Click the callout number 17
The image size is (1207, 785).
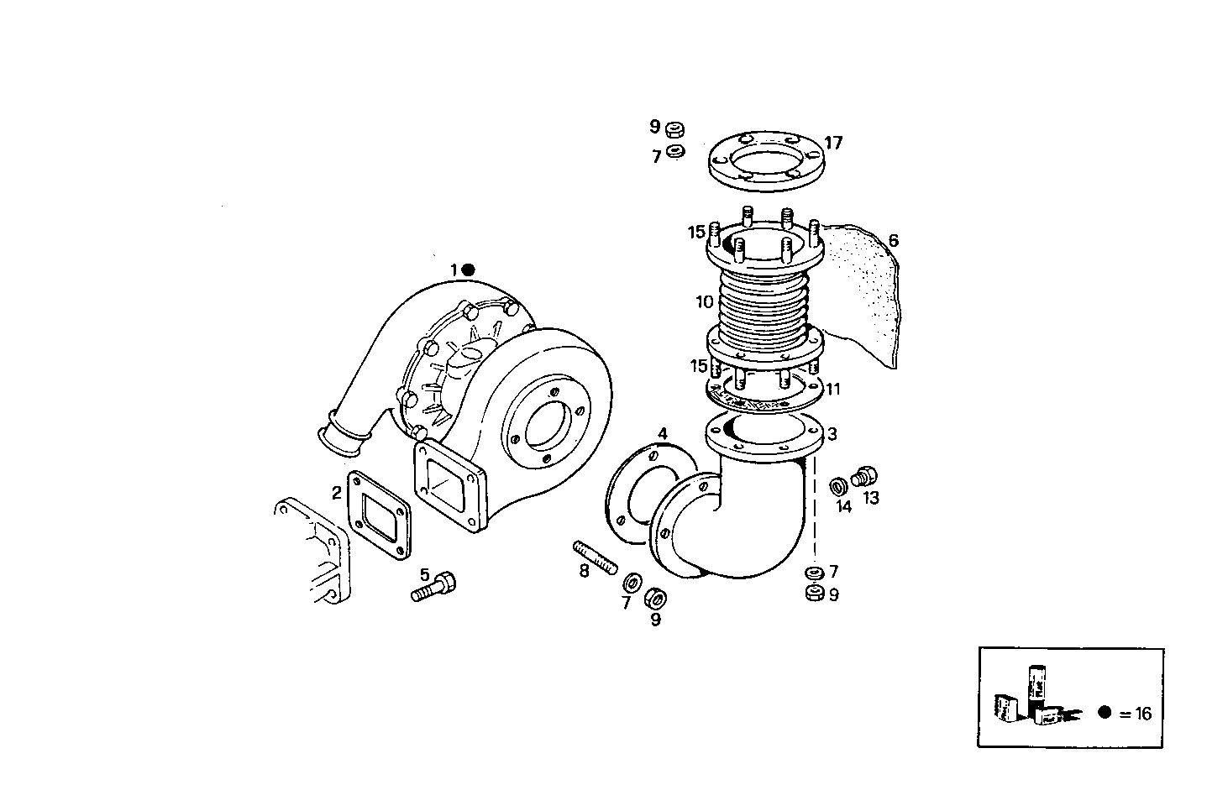point(832,143)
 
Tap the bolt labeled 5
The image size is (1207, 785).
point(433,588)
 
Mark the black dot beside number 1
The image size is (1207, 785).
point(469,270)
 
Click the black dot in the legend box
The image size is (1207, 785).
point(1105,713)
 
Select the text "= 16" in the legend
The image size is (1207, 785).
point(1136,714)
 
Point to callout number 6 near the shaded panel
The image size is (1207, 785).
point(893,241)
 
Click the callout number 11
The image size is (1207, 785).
point(832,390)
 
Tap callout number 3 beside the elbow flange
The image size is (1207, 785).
point(832,434)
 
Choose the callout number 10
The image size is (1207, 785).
point(704,301)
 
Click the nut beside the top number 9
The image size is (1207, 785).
point(674,129)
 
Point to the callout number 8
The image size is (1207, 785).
point(584,572)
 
